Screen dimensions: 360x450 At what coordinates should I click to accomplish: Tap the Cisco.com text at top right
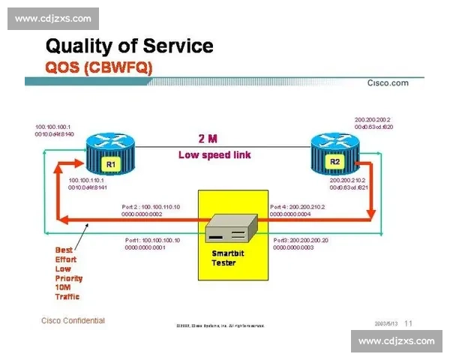[x=387, y=83]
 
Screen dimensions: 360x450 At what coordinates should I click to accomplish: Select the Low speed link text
[x=214, y=155]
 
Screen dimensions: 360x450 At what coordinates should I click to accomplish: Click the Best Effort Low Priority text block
[x=69, y=273]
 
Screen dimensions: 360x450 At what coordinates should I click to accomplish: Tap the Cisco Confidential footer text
[x=73, y=321]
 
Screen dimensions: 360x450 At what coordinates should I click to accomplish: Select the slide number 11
[x=409, y=323]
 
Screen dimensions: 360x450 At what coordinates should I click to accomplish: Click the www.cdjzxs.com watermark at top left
[x=53, y=18]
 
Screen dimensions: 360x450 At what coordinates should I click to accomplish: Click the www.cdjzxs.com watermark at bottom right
[x=396, y=341]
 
